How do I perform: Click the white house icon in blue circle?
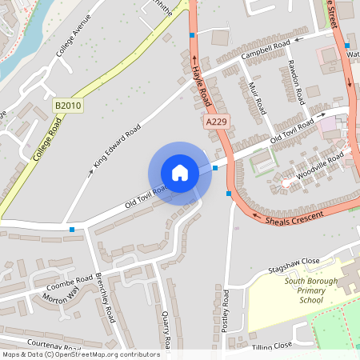(180, 173)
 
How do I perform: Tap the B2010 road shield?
(69, 106)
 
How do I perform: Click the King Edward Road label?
(117, 145)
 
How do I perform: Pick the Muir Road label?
(256, 99)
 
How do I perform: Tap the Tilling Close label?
(272, 346)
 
